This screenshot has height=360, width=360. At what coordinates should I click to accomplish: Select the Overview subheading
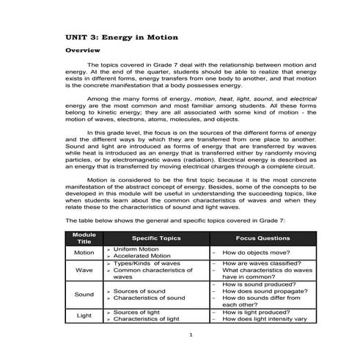[83, 52]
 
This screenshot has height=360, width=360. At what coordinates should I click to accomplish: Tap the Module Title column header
[85, 238]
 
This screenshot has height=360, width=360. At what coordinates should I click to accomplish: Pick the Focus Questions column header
[262, 238]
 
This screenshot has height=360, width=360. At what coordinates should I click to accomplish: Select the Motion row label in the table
[85, 253]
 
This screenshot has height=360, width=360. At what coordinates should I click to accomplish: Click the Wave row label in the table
[85, 271]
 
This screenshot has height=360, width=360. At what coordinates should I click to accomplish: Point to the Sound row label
[85, 295]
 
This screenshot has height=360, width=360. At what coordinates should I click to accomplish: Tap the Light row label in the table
[85, 316]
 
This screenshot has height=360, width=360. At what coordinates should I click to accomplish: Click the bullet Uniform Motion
[140, 249]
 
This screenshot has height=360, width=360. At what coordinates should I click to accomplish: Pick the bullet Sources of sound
[142, 291]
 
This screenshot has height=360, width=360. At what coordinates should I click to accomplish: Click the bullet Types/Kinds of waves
[147, 262]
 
